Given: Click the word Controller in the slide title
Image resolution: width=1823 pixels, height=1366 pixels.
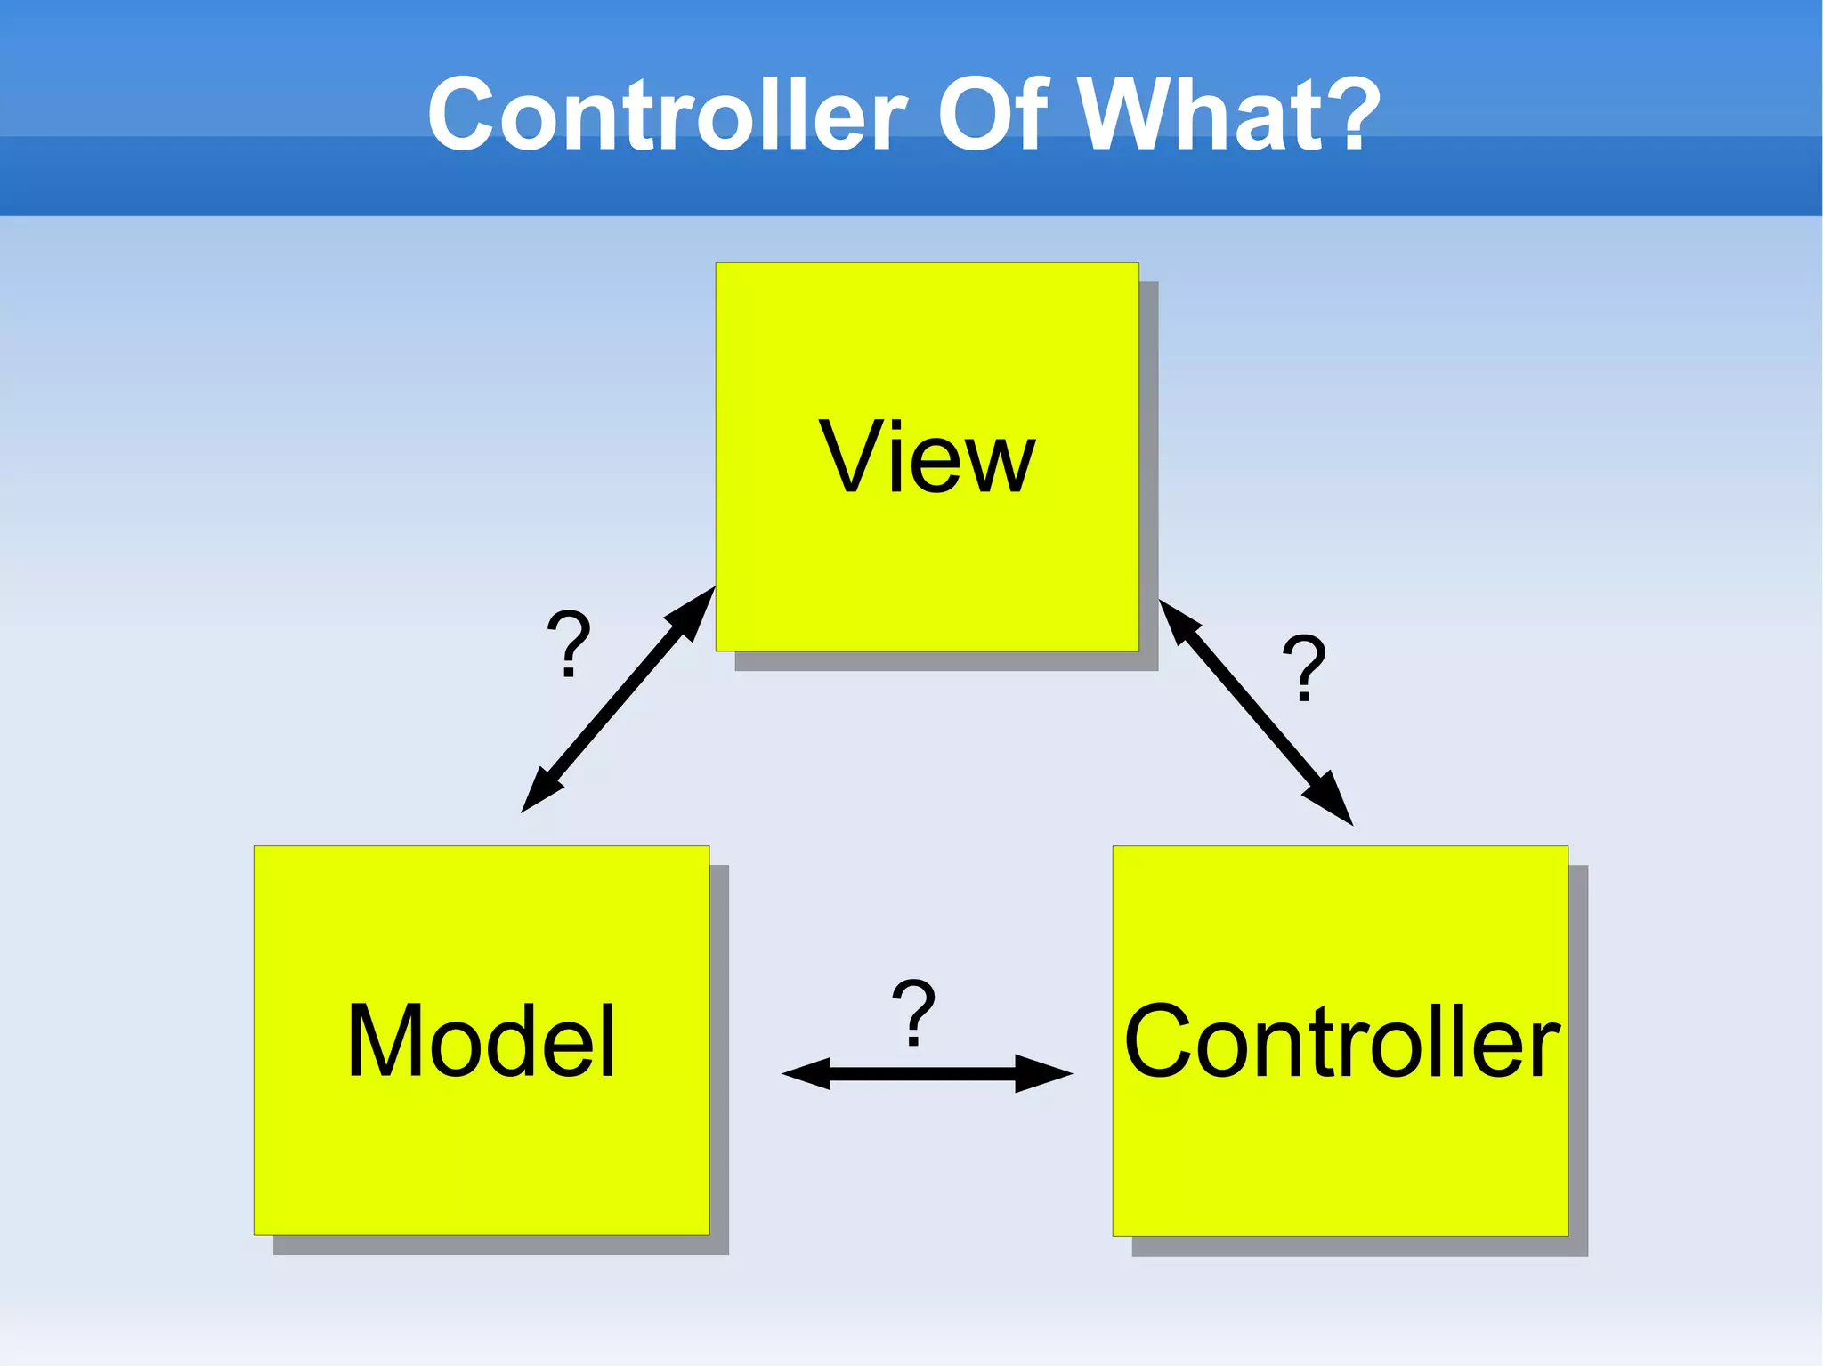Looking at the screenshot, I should pos(668,116).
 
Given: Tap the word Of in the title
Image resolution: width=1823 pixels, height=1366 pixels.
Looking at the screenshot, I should pos(988,116).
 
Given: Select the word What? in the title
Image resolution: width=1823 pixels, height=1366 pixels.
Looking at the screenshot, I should pos(1229,116).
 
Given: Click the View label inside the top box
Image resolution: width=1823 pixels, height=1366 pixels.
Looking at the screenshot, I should pos(927,457).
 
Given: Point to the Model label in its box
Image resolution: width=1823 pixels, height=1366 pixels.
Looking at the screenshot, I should pos(481,1040).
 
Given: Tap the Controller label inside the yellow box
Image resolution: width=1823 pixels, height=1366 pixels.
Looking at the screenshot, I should pos(1341,1041).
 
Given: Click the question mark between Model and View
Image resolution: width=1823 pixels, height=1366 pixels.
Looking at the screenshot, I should pos(569,643).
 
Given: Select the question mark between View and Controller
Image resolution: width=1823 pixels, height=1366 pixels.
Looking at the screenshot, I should pos(1304,667).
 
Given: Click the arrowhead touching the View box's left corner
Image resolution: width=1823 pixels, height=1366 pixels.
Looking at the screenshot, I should pos(694,610).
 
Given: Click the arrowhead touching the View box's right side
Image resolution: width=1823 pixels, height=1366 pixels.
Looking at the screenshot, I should pos(1177,619).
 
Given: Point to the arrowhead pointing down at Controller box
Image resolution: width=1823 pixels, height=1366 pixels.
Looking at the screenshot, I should pos(1332,802).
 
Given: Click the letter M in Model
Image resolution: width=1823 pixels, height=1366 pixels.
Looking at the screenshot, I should pos(383,1040).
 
